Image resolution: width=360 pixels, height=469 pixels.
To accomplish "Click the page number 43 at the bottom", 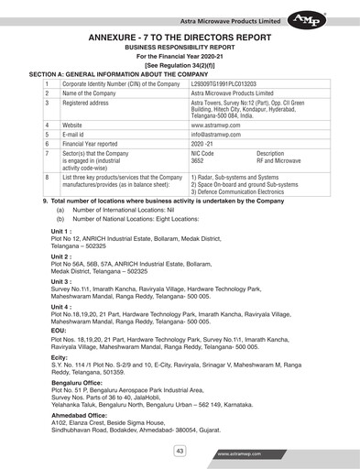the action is (x=180, y=450).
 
